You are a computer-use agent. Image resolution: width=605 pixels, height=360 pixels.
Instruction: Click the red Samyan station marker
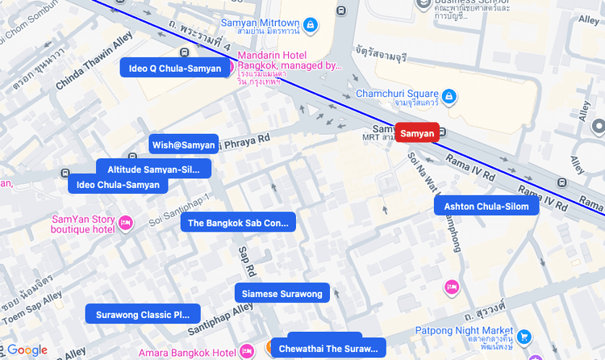point(417,132)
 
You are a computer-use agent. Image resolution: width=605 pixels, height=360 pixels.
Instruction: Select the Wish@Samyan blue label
point(183,144)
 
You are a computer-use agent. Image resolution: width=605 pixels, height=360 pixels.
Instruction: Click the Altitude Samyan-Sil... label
point(153,169)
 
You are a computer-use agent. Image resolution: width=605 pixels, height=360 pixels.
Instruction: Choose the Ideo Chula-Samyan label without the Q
point(118,185)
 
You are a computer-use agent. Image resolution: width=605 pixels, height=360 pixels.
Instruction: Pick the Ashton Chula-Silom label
point(486,207)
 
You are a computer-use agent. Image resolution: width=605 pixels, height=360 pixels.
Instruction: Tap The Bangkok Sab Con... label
point(238,223)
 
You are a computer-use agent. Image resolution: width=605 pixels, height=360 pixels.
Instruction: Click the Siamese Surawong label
point(282,293)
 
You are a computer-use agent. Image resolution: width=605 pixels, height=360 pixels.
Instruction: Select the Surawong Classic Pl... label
point(143,314)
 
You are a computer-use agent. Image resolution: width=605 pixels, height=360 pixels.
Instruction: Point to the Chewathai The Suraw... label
point(328,349)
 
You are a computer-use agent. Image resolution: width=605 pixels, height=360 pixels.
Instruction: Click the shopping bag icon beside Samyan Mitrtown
point(311,26)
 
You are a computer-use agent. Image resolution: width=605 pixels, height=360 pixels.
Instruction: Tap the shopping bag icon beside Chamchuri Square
point(449,98)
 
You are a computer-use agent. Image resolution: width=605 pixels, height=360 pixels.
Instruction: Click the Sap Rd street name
point(246,257)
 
